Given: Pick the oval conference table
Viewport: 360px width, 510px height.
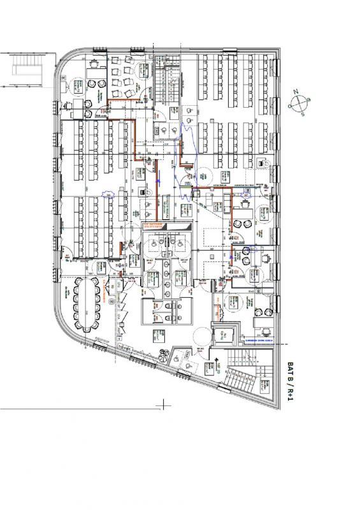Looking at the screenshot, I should tap(84, 304).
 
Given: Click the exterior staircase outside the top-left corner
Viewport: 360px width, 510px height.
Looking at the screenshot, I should tap(25, 69).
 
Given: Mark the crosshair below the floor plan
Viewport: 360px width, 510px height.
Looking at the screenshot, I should tap(164, 404).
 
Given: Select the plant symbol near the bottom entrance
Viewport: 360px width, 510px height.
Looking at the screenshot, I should tap(167, 354).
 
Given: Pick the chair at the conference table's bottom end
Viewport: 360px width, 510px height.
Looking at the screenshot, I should tap(87, 336).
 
